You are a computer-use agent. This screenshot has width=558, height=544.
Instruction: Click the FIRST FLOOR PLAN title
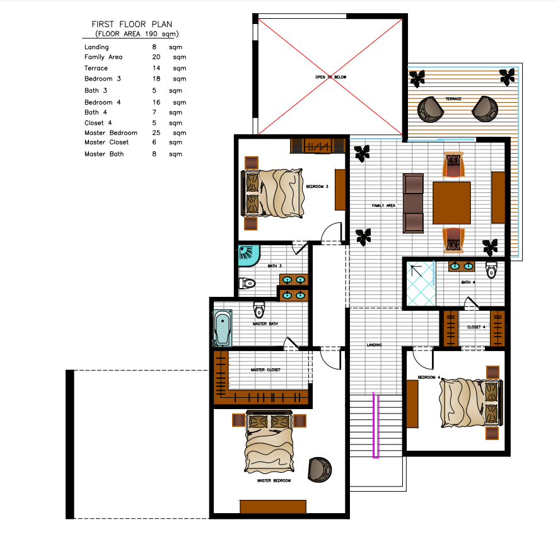132,24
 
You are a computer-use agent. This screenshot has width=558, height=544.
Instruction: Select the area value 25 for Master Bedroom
156,133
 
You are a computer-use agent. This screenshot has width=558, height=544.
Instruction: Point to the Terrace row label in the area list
96,68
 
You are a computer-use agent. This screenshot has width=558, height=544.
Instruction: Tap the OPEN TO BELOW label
330,77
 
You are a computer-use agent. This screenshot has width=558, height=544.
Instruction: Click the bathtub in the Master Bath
223,328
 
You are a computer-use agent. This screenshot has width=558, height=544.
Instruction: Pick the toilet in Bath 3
247,284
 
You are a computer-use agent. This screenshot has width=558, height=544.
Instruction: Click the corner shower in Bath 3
249,255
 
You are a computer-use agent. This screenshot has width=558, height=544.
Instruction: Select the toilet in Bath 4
491,270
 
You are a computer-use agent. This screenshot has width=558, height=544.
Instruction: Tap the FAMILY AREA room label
383,205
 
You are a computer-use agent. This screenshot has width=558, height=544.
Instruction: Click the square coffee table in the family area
451,203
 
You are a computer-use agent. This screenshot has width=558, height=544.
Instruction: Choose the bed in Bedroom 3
272,193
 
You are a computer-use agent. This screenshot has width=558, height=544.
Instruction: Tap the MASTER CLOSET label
265,369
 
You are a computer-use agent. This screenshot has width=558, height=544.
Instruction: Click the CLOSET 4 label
476,327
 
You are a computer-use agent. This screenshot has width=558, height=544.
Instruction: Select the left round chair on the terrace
431,110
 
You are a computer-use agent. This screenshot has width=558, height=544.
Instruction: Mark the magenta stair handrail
376,425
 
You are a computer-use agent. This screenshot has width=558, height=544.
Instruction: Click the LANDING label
374,345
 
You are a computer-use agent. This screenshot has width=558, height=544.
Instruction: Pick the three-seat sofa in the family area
413,203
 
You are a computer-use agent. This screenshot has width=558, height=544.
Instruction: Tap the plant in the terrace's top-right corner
508,77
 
